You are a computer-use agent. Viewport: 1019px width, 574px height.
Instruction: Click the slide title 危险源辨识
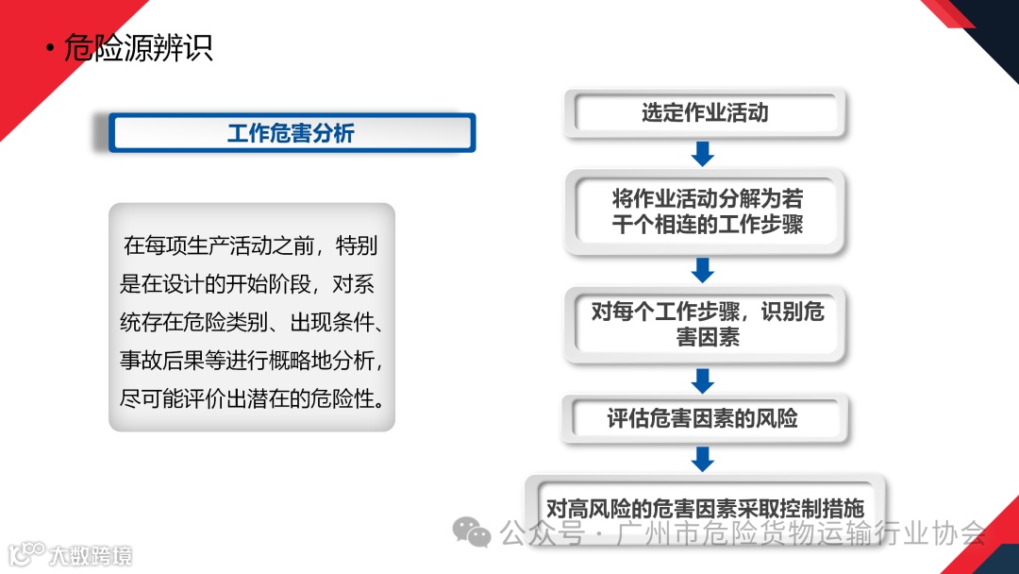[138, 48]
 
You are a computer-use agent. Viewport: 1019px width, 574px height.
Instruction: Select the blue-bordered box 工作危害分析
[292, 133]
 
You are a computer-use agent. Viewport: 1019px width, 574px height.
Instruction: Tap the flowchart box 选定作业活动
[705, 113]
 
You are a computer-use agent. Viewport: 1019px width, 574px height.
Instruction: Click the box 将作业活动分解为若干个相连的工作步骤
[707, 212]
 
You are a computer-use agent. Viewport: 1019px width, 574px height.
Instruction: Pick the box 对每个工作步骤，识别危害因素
[707, 324]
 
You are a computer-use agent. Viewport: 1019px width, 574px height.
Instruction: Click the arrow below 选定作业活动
[703, 153]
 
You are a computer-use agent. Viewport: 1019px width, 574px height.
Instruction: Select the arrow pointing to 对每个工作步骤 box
[703, 270]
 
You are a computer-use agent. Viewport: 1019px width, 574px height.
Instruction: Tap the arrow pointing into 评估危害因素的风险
[703, 380]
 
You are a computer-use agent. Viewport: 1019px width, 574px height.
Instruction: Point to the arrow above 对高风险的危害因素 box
[703, 459]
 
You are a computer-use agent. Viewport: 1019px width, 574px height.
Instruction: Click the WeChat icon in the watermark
[472, 533]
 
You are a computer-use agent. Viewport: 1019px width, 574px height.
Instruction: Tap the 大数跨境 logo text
[91, 554]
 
